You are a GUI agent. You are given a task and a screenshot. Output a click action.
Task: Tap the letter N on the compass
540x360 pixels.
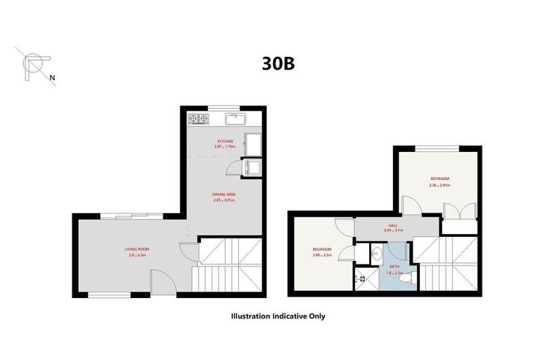point(53,79)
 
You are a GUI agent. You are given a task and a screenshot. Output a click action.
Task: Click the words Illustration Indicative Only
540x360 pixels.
point(278,316)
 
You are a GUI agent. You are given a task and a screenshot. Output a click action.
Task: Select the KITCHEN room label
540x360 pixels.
point(225,141)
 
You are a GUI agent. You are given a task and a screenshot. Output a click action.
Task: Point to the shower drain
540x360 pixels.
point(364,278)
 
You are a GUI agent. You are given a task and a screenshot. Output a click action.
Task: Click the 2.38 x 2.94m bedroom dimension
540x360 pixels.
point(440,185)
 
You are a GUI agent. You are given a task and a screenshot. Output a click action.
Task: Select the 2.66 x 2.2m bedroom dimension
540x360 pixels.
point(322,255)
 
